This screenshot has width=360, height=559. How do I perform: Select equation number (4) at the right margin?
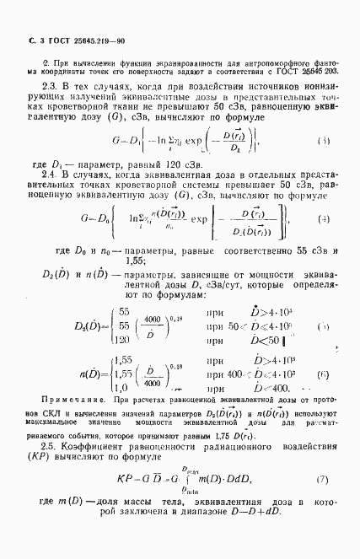pyautogui.click(x=323, y=244)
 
